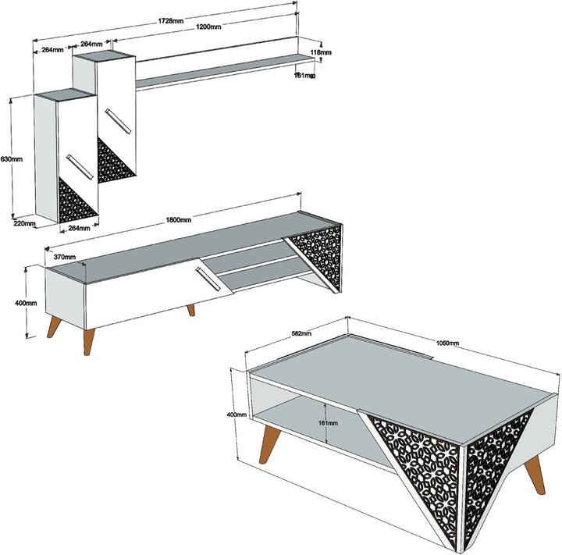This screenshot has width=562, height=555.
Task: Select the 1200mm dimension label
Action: click(208, 27)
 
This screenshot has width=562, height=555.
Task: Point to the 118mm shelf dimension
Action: click(321, 52)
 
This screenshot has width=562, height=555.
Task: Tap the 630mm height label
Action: click(11, 158)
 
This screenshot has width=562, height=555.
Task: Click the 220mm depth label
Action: click(24, 223)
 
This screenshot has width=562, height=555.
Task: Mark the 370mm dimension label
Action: click(64, 256)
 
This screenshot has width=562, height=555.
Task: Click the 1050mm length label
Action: click(448, 343)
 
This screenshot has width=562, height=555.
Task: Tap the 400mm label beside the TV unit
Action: click(25, 302)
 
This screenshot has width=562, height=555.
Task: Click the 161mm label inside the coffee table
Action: click(328, 422)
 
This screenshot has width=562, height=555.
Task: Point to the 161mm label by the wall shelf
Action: click(304, 76)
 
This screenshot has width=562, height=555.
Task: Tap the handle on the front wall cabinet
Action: click(79, 165)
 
